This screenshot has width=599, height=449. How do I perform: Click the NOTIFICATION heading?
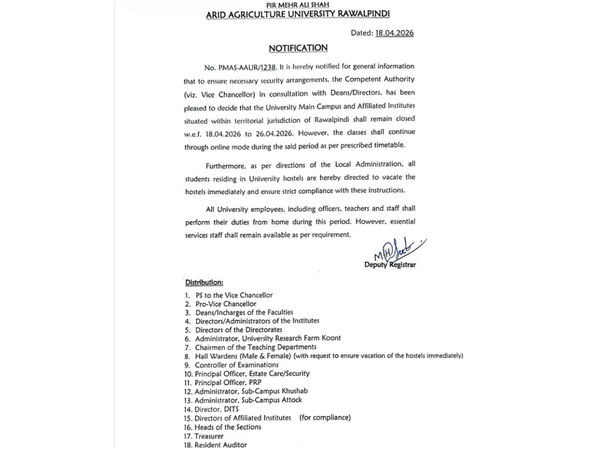(298, 48)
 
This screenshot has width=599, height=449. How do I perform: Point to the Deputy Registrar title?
(390, 265)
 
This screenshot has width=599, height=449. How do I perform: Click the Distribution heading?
(204, 282)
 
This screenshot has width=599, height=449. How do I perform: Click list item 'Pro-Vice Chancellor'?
(226, 304)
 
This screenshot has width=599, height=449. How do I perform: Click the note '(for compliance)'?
(325, 418)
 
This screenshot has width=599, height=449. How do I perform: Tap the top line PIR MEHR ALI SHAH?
(298, 4)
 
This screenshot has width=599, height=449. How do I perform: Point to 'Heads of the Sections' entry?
(228, 427)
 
